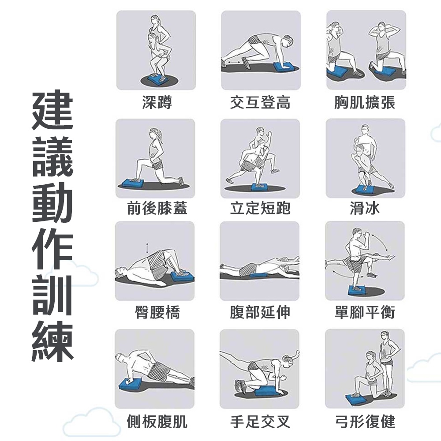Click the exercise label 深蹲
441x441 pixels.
157,102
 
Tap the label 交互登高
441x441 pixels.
260,102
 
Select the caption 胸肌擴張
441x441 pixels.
365,102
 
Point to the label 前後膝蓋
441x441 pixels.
157,208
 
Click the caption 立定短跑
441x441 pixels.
260,208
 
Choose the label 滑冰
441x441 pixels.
365,208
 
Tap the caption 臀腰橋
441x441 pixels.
157,312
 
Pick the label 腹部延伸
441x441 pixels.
260,312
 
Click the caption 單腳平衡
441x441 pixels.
365,312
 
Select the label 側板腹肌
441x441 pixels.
157,421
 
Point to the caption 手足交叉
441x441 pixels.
260,421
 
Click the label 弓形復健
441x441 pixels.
365,421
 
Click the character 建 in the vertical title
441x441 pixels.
52,110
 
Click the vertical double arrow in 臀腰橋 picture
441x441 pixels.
147,248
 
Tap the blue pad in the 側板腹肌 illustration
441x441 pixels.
131,384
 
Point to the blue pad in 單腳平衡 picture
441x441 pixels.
357,290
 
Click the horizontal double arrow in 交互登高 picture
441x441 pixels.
234,62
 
